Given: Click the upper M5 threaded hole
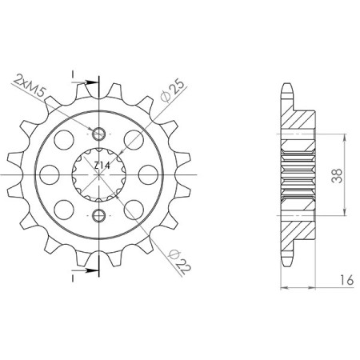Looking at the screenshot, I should pyautogui.click(x=100, y=133).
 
